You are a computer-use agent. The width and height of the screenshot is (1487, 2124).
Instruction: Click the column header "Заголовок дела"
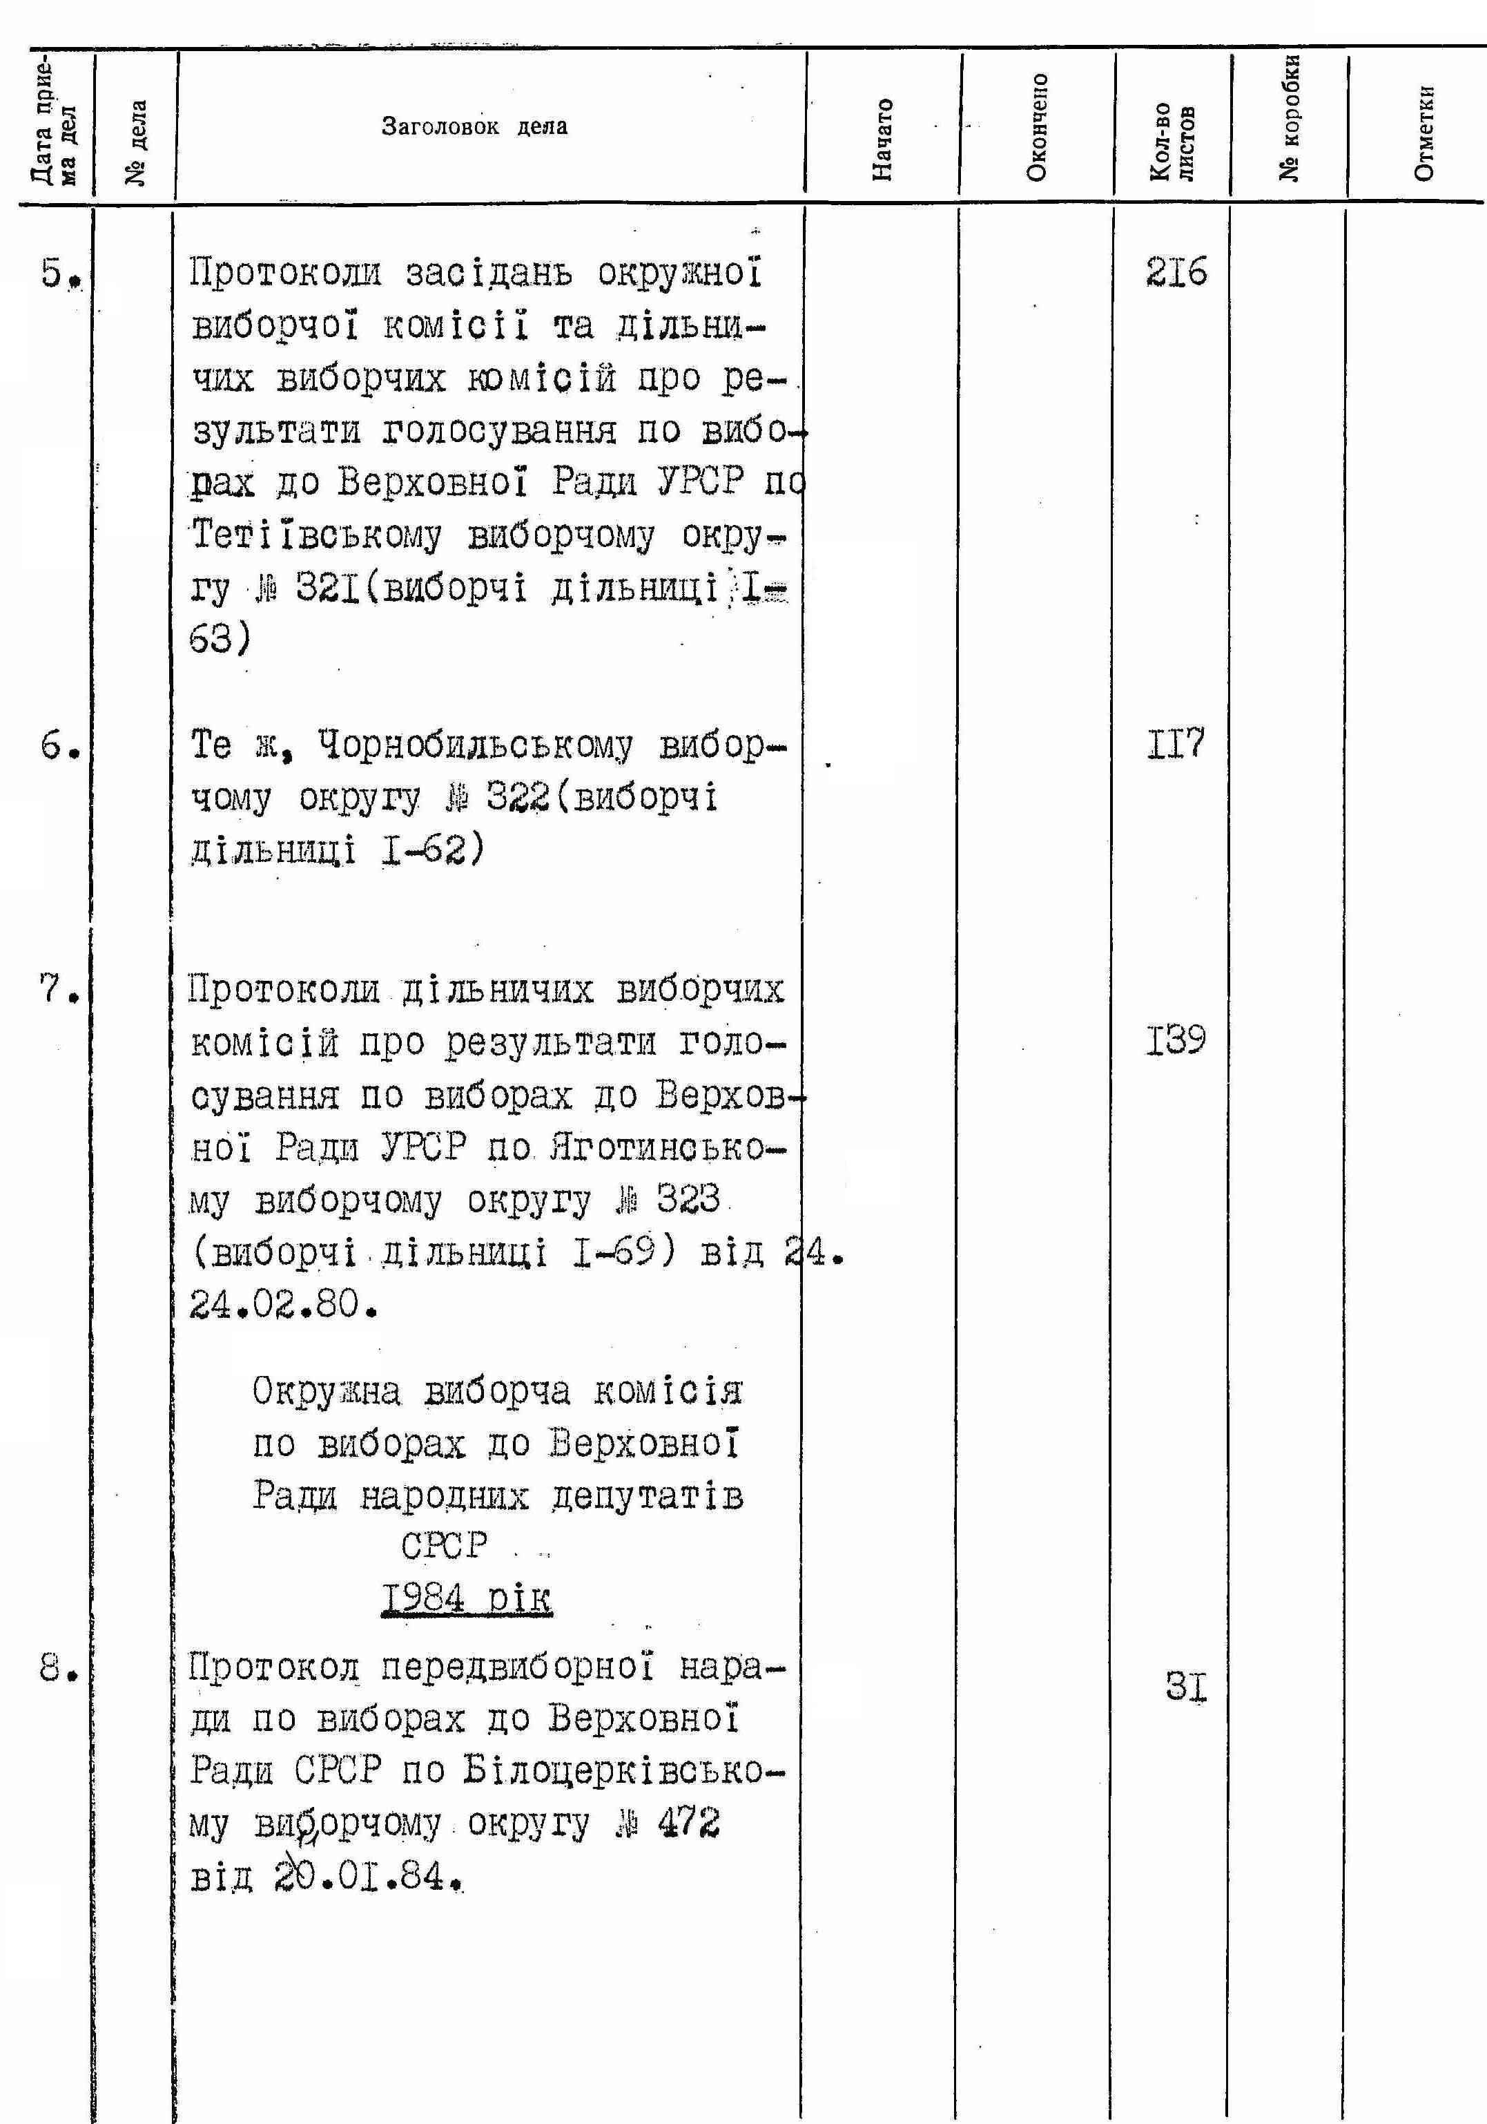click(x=474, y=126)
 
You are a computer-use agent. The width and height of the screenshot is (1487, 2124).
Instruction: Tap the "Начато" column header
click(x=883, y=139)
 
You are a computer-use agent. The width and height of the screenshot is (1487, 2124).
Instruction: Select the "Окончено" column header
click(x=1038, y=126)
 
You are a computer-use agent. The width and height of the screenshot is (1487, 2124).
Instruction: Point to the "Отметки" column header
click(x=1425, y=133)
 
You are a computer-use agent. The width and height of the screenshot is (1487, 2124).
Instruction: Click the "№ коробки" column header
click(x=1291, y=117)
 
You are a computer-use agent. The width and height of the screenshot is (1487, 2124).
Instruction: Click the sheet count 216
click(x=1176, y=273)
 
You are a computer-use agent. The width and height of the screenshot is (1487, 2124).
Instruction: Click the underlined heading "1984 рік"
click(x=467, y=1598)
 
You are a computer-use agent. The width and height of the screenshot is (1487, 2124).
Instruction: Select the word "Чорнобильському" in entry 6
click(x=476, y=745)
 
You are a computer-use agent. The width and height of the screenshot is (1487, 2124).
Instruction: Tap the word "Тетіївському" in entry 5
click(x=317, y=535)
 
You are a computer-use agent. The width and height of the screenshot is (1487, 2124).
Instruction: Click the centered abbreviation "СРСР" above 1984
click(x=444, y=1546)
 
